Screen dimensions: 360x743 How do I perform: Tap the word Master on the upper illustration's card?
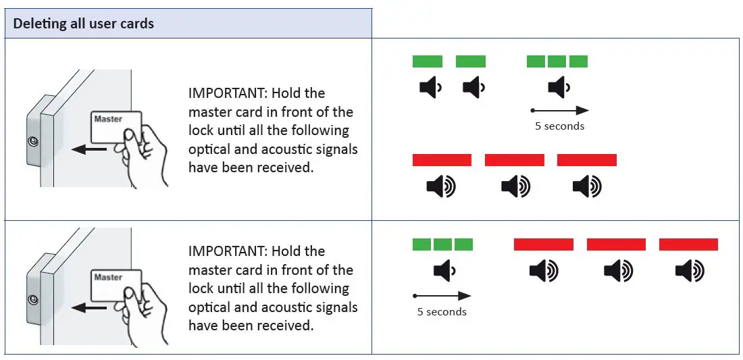click(x=108, y=120)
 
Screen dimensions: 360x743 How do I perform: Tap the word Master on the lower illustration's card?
click(x=108, y=278)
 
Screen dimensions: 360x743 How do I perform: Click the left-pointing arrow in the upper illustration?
click(x=88, y=149)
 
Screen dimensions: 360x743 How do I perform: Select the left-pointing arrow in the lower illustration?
click(x=88, y=308)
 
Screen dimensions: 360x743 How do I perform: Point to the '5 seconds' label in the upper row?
click(x=559, y=126)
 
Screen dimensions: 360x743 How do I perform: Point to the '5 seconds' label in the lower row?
click(x=442, y=312)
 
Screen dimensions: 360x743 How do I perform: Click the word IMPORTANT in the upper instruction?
click(x=228, y=93)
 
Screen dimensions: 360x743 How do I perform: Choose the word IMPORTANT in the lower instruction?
click(x=228, y=251)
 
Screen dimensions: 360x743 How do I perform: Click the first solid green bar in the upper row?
click(x=428, y=61)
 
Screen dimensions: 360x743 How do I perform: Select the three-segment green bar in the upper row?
click(x=557, y=61)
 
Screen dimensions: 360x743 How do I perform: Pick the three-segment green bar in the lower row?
click(x=442, y=245)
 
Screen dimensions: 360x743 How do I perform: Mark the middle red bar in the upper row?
click(x=515, y=160)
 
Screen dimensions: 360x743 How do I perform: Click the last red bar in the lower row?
click(x=688, y=245)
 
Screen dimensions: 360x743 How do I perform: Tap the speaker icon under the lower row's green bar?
click(x=444, y=272)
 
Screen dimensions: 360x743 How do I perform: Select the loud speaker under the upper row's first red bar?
click(x=441, y=186)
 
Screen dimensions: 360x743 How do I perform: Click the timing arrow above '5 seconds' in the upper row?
click(x=560, y=110)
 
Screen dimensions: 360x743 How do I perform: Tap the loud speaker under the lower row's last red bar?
click(x=690, y=272)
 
